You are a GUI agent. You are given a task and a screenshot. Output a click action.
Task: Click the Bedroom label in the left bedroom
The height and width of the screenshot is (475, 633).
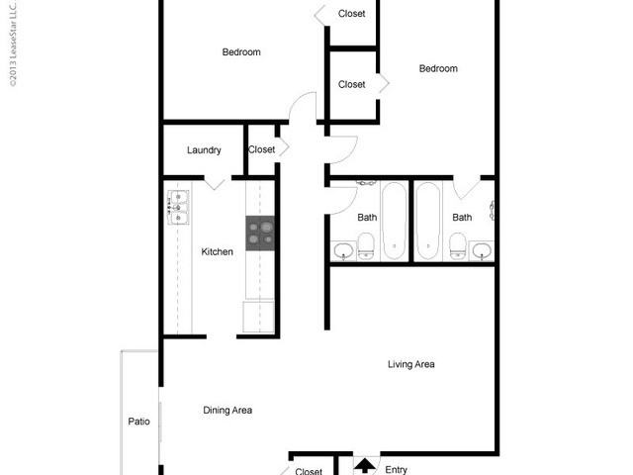tap(240, 52)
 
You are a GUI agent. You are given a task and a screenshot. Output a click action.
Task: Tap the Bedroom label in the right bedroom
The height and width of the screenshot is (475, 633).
tap(438, 68)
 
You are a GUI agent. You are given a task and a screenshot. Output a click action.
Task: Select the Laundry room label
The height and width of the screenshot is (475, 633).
tap(204, 150)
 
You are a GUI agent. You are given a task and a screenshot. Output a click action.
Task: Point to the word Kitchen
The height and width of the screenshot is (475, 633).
tap(218, 252)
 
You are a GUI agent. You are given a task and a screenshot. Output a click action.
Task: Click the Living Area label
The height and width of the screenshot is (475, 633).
tap(411, 364)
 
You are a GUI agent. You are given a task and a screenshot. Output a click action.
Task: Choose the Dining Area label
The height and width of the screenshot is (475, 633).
tap(227, 410)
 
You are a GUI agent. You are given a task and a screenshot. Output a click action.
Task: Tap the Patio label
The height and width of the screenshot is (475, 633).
tap(139, 422)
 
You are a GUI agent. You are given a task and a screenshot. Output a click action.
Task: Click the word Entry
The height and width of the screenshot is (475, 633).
tap(396, 470)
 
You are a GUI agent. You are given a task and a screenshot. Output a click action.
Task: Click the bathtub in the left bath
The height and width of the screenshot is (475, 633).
tap(393, 220)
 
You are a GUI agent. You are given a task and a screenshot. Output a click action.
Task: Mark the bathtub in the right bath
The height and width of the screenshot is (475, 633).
tap(428, 220)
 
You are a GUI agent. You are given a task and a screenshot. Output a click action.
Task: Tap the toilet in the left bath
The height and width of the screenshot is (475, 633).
tap(365, 245)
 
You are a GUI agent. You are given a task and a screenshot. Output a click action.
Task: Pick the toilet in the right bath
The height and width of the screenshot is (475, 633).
tap(457, 245)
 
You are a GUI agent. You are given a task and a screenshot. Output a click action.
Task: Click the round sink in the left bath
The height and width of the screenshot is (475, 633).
tap(342, 248)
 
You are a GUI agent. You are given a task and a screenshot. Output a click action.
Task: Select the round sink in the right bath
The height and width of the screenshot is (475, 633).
tap(481, 248)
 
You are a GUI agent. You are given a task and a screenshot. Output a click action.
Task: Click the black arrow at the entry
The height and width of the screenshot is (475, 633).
tap(365, 465)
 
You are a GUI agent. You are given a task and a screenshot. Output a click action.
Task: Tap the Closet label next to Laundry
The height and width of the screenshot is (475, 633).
tap(262, 149)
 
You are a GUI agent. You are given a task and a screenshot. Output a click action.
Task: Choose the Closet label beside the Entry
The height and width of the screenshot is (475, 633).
tap(310, 472)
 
